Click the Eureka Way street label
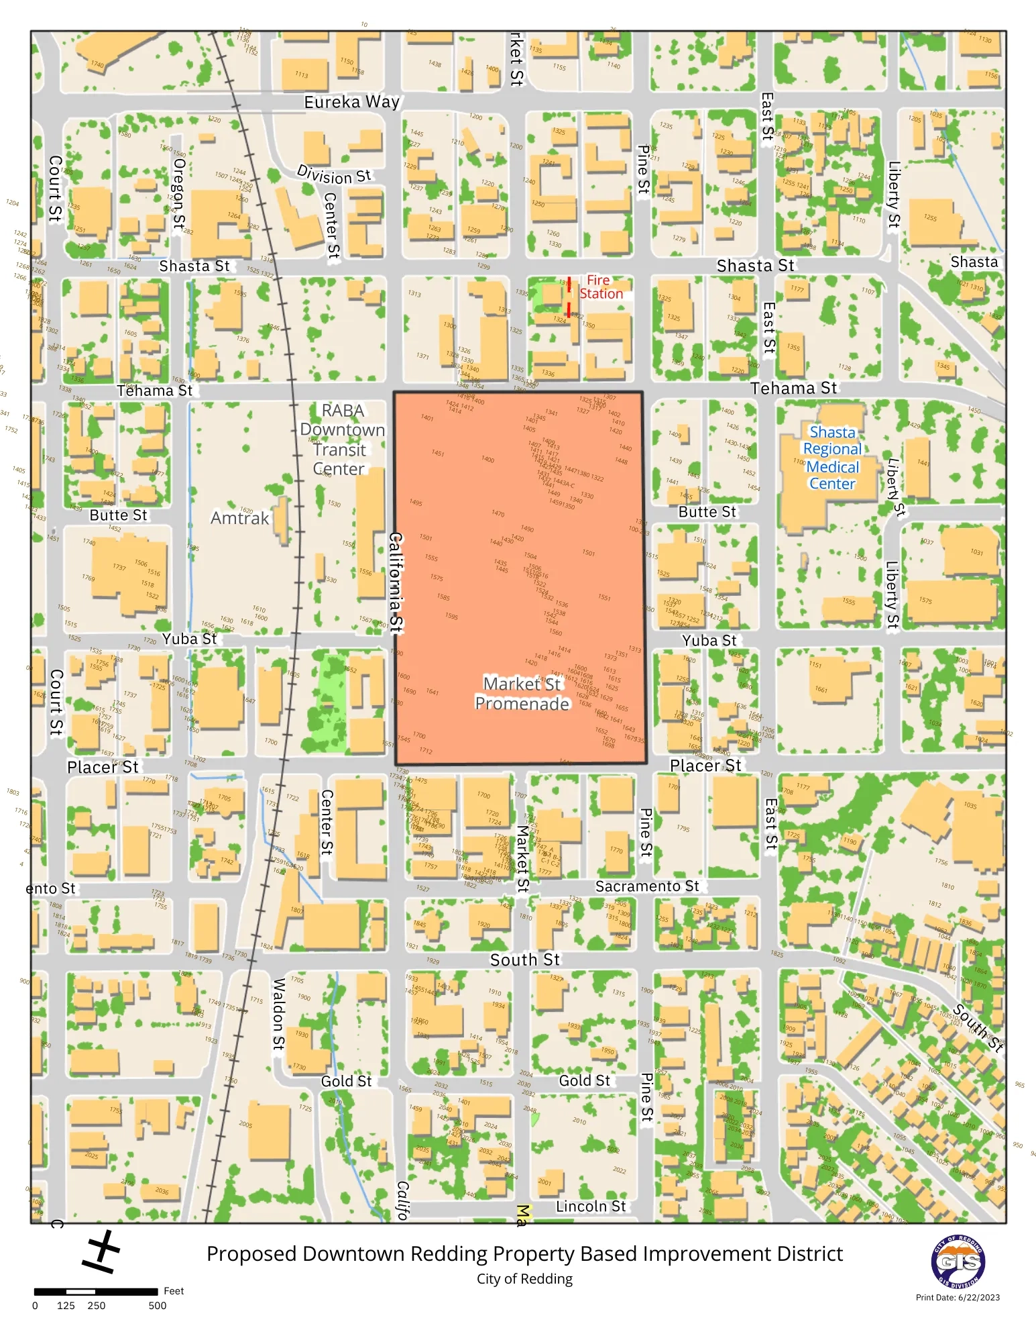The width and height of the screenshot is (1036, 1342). [351, 102]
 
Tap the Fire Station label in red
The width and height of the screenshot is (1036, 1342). [601, 287]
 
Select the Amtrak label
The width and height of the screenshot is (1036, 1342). [239, 518]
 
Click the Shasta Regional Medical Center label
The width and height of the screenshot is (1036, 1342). [832, 458]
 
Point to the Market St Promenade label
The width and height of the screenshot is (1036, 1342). [522, 694]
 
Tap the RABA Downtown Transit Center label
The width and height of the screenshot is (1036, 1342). [342, 440]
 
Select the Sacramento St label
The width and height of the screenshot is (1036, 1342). [647, 886]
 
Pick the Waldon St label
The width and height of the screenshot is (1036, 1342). [279, 1014]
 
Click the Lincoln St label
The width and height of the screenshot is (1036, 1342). [591, 1206]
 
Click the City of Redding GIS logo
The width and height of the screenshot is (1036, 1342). [958, 1261]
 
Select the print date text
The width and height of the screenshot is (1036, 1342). [958, 1297]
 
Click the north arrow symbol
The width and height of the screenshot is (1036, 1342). [101, 1252]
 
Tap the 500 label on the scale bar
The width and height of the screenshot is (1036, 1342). [158, 1306]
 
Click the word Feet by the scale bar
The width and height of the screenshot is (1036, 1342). [174, 1291]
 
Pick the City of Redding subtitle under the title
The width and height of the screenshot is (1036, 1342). [524, 1279]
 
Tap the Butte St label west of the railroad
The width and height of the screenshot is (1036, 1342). [118, 515]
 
